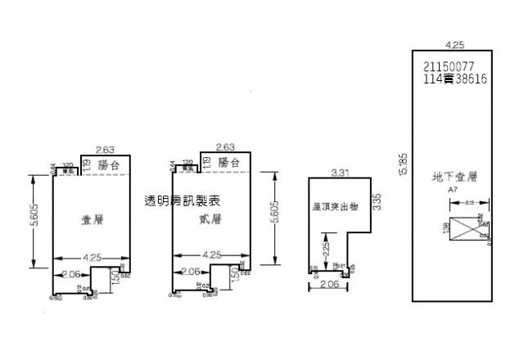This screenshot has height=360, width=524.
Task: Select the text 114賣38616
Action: click(x=455, y=79)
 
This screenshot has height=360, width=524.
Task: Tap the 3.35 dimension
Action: click(x=377, y=201)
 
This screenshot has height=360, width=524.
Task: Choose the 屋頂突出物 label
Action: click(x=334, y=208)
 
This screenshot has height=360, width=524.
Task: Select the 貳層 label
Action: click(x=210, y=219)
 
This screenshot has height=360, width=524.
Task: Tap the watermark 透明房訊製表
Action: click(x=182, y=200)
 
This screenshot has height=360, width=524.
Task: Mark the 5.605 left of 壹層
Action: click(x=34, y=221)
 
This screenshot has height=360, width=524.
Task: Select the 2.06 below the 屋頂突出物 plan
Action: click(x=327, y=285)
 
